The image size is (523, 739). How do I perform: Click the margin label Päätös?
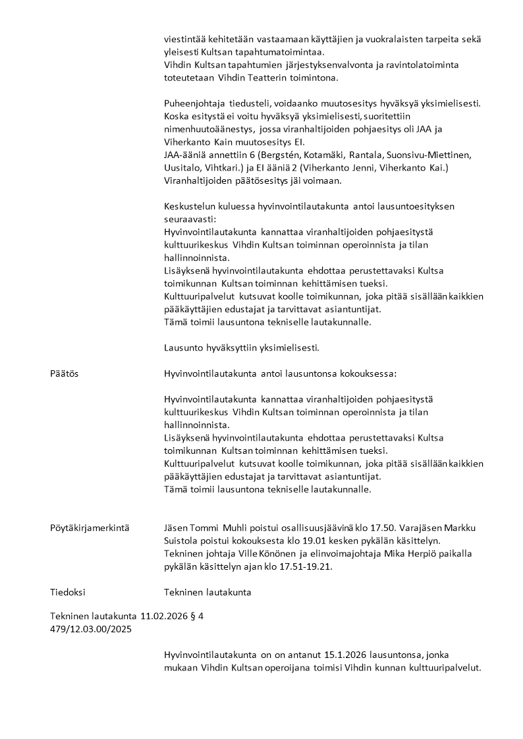pyautogui.click(x=64, y=373)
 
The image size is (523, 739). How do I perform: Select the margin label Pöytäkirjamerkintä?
pyautogui.click(x=90, y=528)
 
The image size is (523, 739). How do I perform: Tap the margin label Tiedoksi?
pyautogui.click(x=68, y=592)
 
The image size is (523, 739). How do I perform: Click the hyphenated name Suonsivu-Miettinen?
pyautogui.click(x=424, y=155)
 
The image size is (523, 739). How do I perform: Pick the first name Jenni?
pyautogui.click(x=387, y=168)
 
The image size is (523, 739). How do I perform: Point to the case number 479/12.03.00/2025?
pyautogui.click(x=91, y=629)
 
